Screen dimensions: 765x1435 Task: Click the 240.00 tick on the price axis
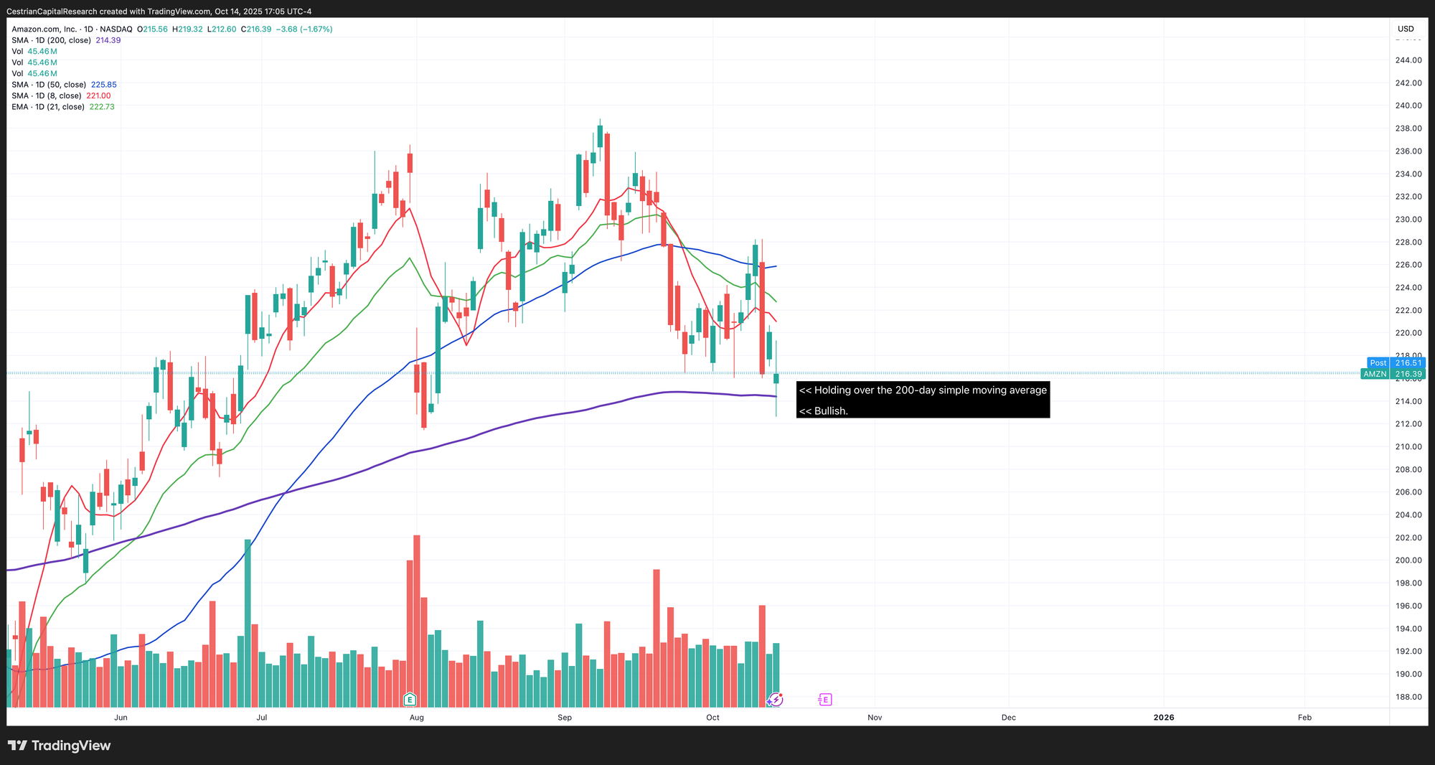(1408, 105)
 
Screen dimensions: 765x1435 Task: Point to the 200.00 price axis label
(1408, 560)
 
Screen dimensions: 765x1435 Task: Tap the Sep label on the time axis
(565, 718)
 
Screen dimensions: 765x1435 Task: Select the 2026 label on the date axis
(1163, 718)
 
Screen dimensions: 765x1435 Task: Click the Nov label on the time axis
(875, 718)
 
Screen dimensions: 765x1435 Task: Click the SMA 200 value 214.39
(108, 40)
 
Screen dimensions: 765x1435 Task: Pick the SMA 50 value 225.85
(104, 85)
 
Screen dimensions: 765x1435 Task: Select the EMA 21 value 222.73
(102, 107)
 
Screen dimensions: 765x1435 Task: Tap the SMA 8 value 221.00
(98, 95)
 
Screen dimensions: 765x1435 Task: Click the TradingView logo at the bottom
(60, 746)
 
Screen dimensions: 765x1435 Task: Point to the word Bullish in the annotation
(831, 411)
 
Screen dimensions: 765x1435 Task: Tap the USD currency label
(1406, 29)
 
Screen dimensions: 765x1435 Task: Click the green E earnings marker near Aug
(410, 699)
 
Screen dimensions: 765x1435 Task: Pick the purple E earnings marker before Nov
(825, 699)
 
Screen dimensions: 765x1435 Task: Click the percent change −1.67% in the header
(317, 29)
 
